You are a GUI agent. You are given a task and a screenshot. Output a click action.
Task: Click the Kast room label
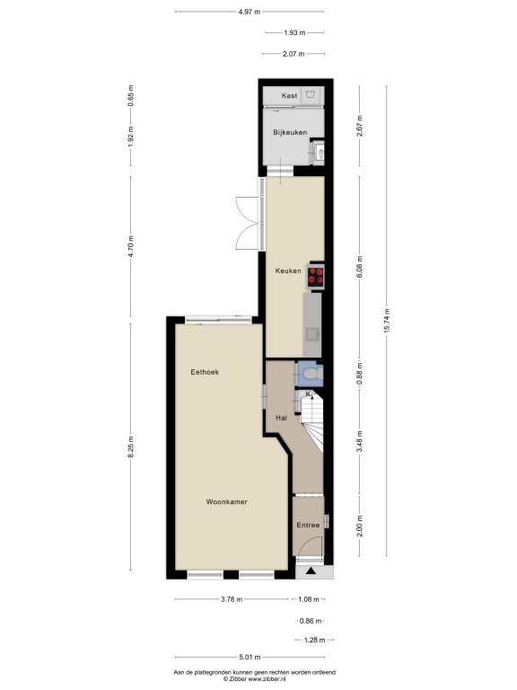(289, 95)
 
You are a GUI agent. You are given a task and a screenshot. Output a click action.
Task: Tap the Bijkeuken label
(290, 132)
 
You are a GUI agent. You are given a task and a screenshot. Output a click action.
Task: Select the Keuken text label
(288, 270)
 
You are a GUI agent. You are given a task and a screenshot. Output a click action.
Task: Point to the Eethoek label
(205, 372)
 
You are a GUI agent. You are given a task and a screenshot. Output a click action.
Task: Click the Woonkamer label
(227, 501)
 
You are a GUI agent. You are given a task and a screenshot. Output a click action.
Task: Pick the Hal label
(281, 418)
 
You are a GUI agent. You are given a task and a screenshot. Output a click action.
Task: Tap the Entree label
(308, 525)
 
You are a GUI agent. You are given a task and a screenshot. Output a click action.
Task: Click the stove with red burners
(316, 277)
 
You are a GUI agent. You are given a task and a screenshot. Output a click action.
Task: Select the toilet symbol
(312, 374)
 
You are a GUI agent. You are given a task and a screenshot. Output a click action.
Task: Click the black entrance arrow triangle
(311, 571)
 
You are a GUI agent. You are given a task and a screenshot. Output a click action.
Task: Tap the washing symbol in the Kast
(311, 94)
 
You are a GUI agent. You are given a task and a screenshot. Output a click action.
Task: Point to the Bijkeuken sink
(320, 153)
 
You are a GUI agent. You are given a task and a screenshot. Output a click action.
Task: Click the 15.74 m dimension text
(387, 321)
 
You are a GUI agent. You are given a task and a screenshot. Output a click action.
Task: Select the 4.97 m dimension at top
(250, 12)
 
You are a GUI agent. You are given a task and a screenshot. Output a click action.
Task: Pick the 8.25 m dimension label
(130, 447)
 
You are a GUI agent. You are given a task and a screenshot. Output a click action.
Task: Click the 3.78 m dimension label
(232, 599)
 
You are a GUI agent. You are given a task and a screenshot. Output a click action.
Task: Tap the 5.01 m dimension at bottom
(250, 658)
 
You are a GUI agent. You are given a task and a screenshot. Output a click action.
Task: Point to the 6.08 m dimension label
(360, 267)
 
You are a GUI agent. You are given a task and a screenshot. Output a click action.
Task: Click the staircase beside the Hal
(312, 423)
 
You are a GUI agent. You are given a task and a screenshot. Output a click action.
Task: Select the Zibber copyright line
(255, 679)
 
